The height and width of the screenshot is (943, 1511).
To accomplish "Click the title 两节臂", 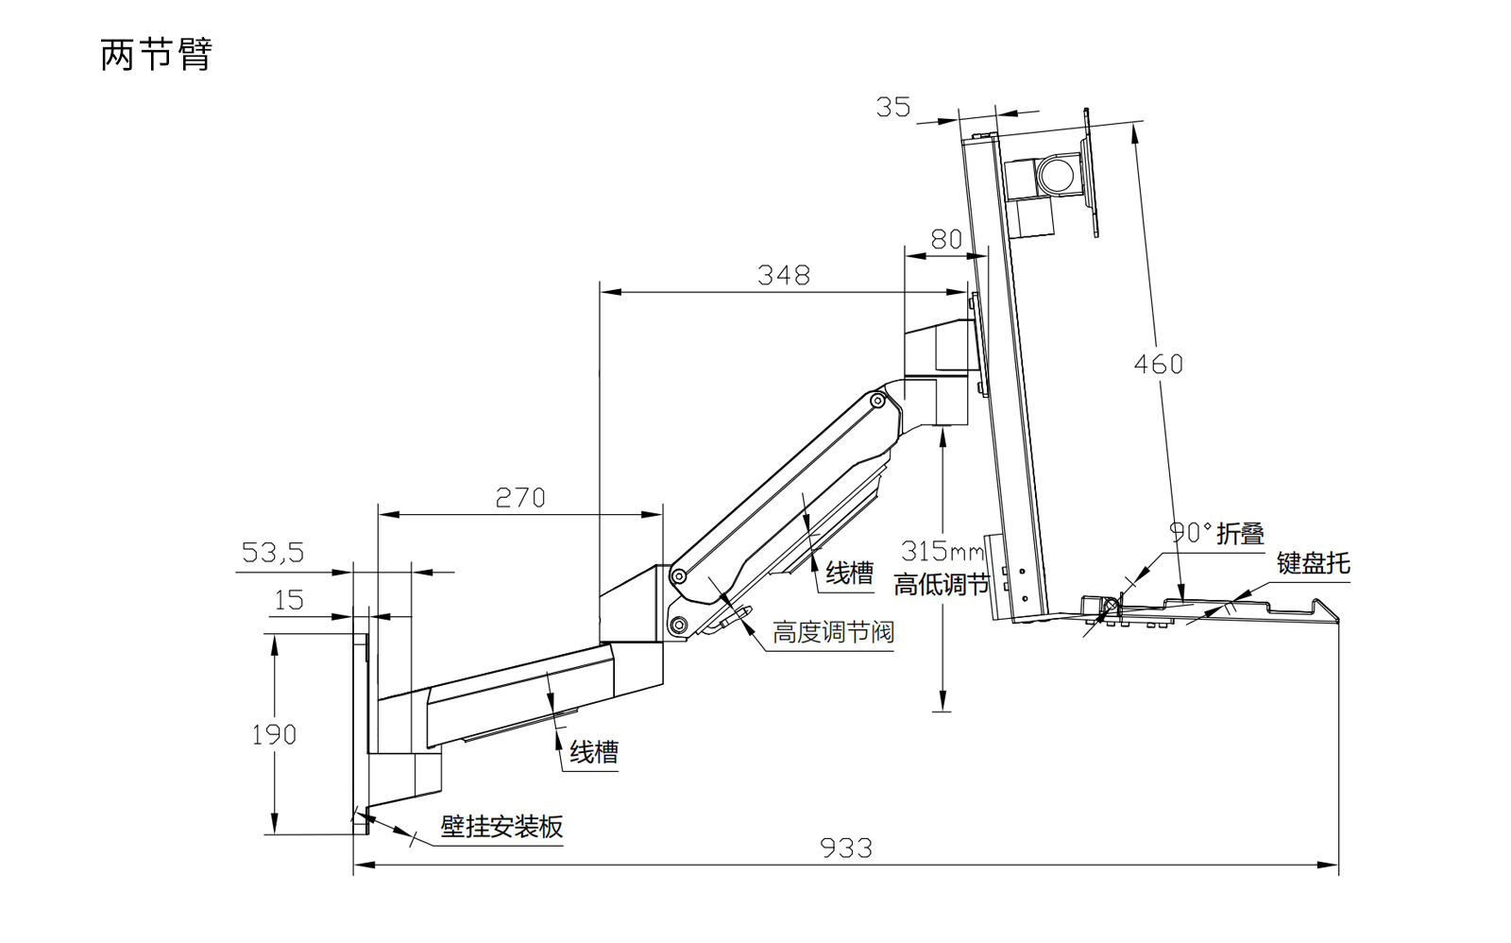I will click(x=156, y=54).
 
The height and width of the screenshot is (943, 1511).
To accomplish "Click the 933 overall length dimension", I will click(x=845, y=848).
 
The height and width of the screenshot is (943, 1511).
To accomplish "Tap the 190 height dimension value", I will click(x=274, y=734).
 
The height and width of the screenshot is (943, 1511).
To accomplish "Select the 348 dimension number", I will click(x=783, y=275).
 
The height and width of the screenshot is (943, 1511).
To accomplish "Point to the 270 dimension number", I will click(x=520, y=497).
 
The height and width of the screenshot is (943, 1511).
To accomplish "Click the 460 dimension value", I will click(x=1158, y=364).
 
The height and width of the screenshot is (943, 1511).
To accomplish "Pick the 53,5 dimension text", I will click(x=273, y=552).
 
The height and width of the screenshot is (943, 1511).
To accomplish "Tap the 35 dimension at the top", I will click(x=893, y=108).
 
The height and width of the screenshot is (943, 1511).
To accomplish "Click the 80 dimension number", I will click(x=946, y=239).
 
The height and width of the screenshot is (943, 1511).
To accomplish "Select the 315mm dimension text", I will click(x=942, y=550).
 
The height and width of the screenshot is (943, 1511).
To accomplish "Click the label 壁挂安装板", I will click(x=501, y=827).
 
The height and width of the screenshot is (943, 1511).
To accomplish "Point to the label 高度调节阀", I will click(x=833, y=631).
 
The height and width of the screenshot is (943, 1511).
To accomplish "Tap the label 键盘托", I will click(x=1313, y=563).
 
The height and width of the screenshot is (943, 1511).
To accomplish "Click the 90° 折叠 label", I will click(x=1216, y=533).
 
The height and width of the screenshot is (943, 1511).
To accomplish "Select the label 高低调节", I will click(x=942, y=585).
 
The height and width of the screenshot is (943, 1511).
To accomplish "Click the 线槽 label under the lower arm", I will click(x=594, y=752).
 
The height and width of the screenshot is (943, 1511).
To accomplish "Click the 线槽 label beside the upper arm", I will click(x=850, y=573).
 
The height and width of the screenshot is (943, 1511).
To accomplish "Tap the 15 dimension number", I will click(x=289, y=600).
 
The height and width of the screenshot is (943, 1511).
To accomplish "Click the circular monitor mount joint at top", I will click(x=1057, y=176).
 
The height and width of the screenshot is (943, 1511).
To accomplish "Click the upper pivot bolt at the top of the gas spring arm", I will click(x=876, y=402).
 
